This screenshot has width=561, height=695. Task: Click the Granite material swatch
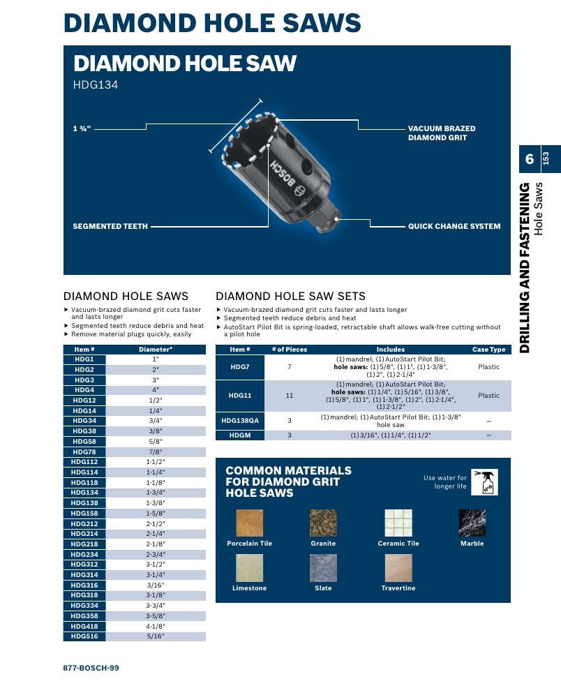point(323,523)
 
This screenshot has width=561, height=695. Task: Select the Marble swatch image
point(472,523)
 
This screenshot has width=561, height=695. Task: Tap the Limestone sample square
point(250,568)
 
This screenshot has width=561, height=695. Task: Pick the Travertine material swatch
point(398,568)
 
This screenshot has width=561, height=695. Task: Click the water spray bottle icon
point(484,481)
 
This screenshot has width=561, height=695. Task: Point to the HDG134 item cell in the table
point(84,493)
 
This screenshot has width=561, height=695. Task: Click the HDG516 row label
point(84,636)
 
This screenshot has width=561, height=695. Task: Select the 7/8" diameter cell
point(156,451)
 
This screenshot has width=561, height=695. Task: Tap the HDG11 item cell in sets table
point(240,396)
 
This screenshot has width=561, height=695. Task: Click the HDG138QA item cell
point(240,421)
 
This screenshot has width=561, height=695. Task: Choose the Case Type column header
point(488,350)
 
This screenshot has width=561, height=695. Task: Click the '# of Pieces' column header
point(290,350)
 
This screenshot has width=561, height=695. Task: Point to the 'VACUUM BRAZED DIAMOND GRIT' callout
point(442,133)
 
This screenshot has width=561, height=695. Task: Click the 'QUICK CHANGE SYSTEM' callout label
point(454,226)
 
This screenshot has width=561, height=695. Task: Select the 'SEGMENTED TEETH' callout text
point(110,226)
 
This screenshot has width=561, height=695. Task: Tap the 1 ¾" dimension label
point(82,128)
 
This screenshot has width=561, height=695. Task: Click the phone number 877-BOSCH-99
point(91,668)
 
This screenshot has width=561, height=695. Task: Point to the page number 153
point(546,158)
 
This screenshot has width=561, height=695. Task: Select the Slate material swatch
point(323,568)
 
